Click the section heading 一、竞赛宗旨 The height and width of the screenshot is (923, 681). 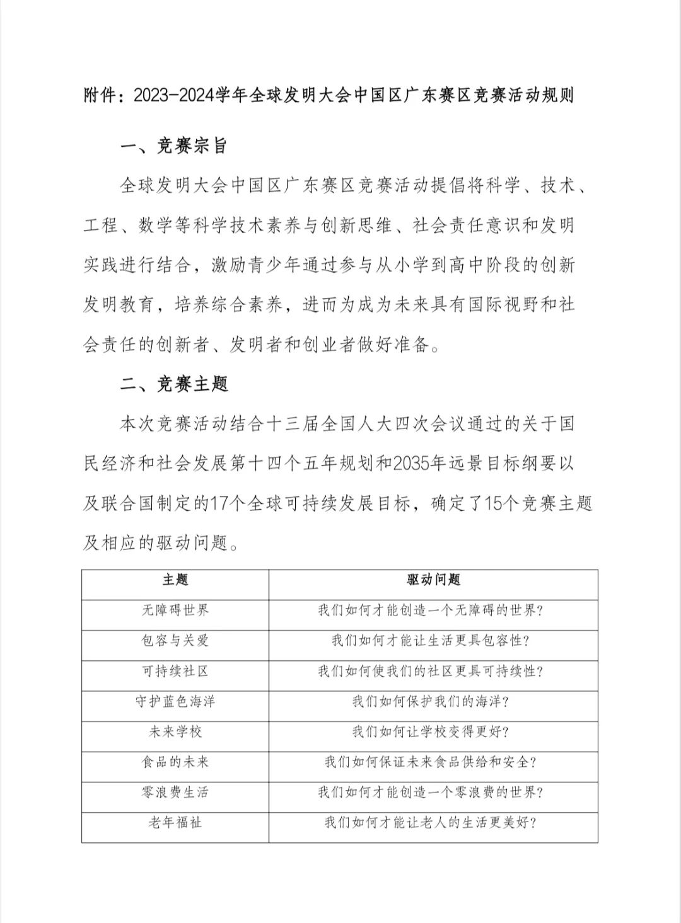[x=173, y=146]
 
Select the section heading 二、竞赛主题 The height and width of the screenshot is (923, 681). [x=173, y=384]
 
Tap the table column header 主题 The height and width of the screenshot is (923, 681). [x=175, y=580]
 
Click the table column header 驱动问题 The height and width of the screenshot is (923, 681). [x=433, y=580]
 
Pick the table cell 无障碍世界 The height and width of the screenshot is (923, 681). [x=175, y=610]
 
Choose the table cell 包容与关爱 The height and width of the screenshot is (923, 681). [x=175, y=640]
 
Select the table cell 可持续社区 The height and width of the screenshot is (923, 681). [x=175, y=671]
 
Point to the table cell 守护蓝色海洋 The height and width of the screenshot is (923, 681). [x=175, y=701]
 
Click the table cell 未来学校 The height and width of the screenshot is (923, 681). [x=175, y=731]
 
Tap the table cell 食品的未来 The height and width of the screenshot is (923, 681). [x=175, y=762]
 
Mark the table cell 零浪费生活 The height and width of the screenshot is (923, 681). [x=175, y=792]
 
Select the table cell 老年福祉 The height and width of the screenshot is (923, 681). [x=175, y=822]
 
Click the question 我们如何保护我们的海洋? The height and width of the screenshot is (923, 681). [x=431, y=701]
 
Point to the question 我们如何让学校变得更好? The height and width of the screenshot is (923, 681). [x=431, y=731]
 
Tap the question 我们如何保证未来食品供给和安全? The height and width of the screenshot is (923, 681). [x=431, y=762]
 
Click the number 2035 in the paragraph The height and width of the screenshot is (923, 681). [x=410, y=464]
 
